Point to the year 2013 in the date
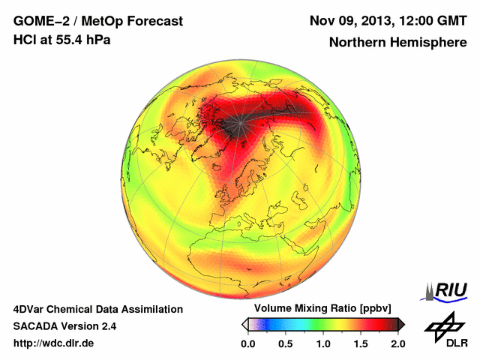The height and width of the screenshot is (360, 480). pyautogui.click(x=368, y=21)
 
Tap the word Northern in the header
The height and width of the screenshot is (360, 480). pyautogui.click(x=357, y=43)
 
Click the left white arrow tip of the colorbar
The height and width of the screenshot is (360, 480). pyautogui.click(x=244, y=324)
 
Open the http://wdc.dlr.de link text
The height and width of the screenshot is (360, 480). pyautogui.click(x=54, y=343)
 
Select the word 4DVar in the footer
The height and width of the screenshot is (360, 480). pyautogui.click(x=29, y=309)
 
